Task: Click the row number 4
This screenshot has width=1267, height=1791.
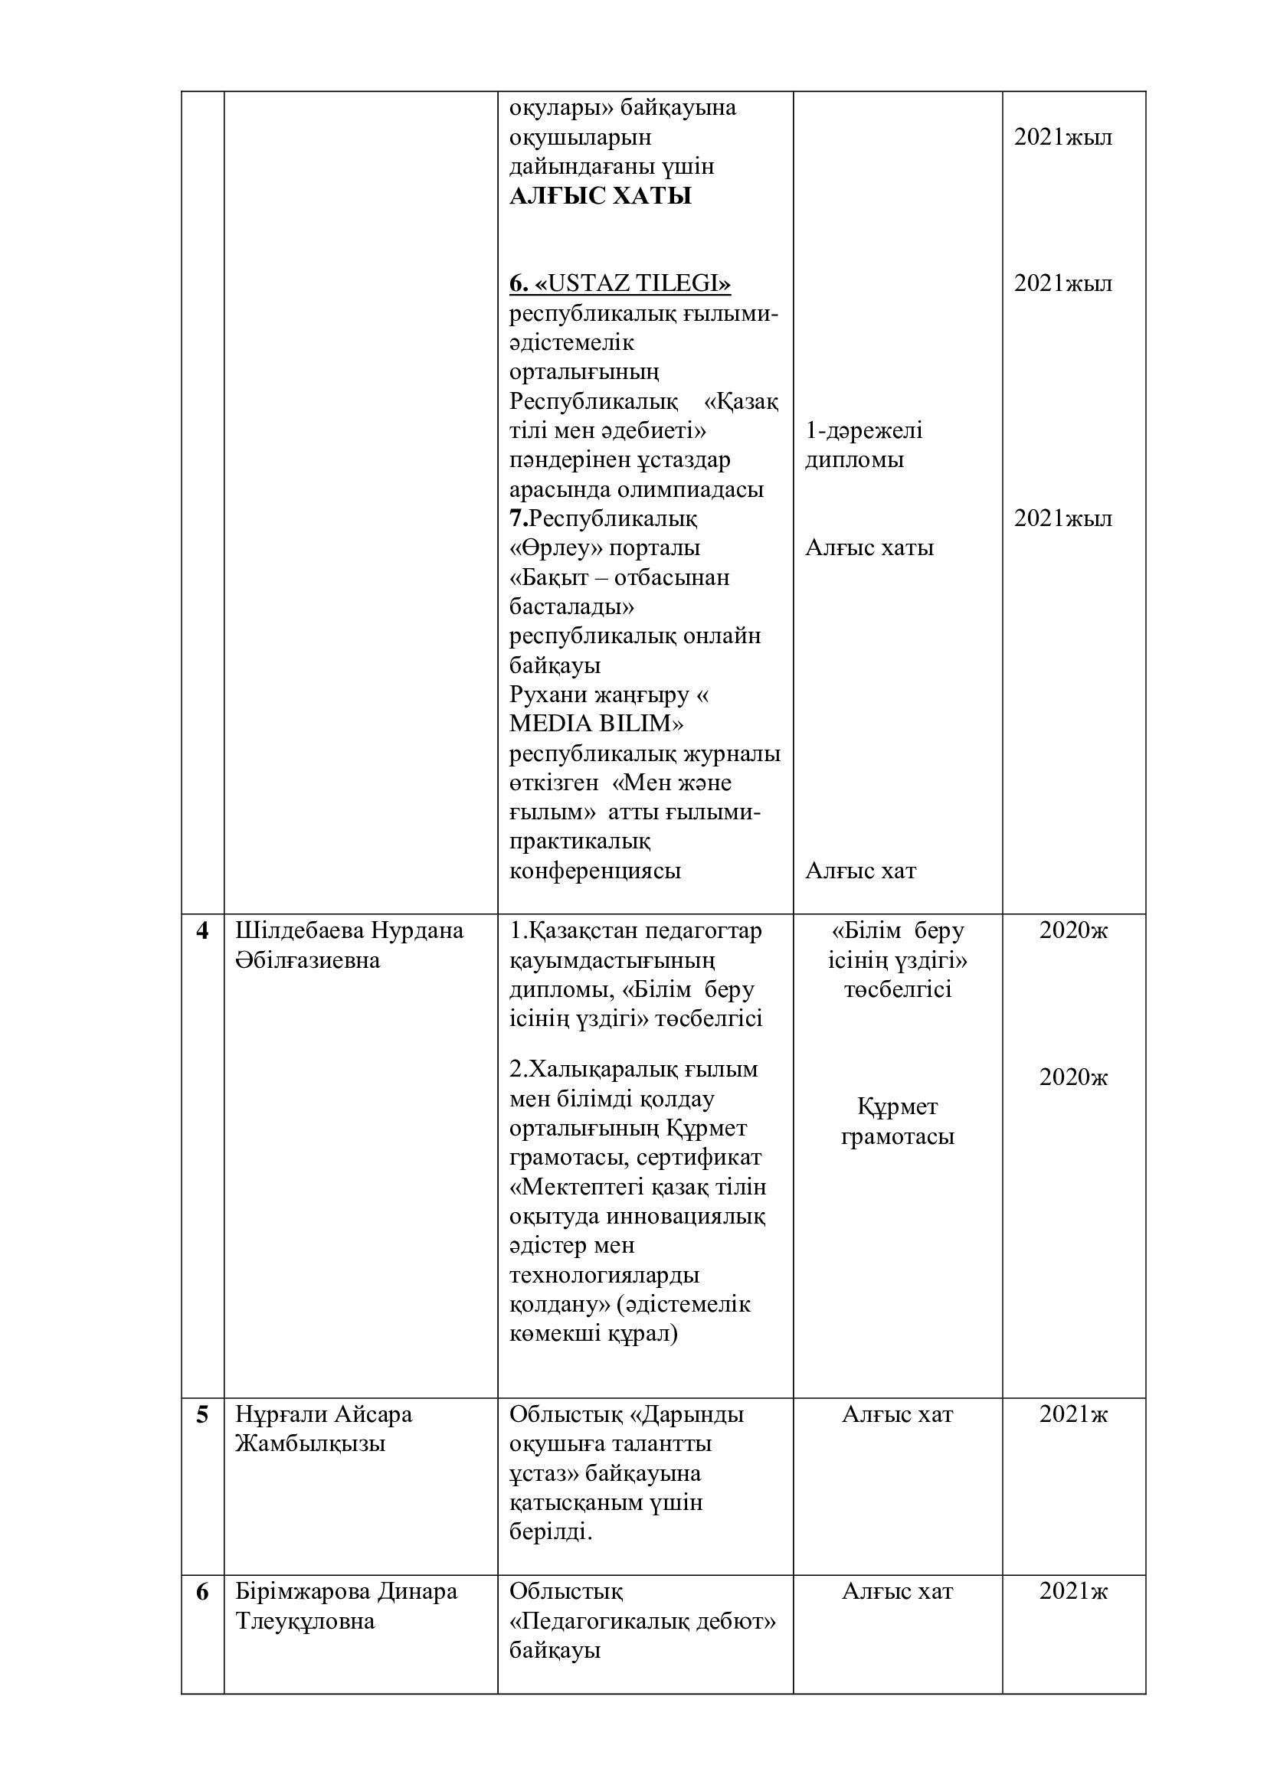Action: click(202, 931)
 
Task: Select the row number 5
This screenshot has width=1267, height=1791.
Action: click(202, 1414)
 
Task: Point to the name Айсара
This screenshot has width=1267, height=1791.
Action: click(374, 1414)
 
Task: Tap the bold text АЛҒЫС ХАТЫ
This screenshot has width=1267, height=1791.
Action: click(600, 196)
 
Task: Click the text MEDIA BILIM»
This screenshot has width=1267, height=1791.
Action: click(596, 724)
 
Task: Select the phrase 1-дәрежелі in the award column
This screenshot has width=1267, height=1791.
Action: click(863, 430)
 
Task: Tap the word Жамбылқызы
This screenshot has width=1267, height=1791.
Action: click(310, 1444)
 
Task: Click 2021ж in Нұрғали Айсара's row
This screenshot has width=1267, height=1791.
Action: click(1072, 1414)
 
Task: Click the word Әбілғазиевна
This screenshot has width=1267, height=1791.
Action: click(307, 961)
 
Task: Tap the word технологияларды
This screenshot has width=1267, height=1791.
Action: click(604, 1276)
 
